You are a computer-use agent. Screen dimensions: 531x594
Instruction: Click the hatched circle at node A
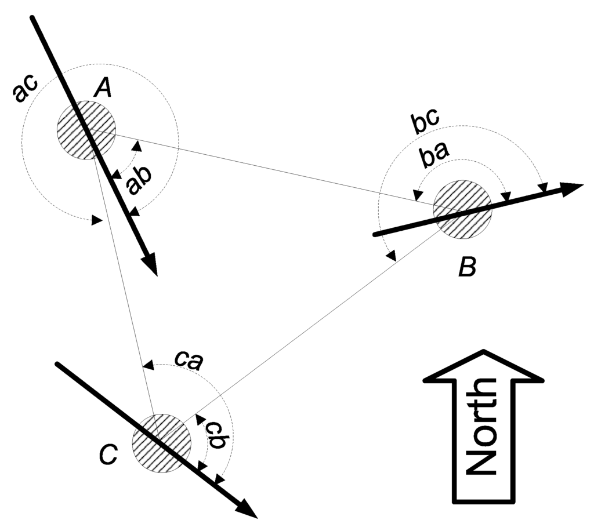86,130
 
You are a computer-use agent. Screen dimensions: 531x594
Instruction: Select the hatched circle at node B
462,208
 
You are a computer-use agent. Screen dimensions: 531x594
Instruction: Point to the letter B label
467,267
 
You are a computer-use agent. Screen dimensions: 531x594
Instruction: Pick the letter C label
108,455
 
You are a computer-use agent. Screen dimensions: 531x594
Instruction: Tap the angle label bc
424,123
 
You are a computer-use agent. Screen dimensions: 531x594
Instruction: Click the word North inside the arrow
482,426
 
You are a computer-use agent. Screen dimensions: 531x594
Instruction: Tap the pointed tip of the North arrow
484,351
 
